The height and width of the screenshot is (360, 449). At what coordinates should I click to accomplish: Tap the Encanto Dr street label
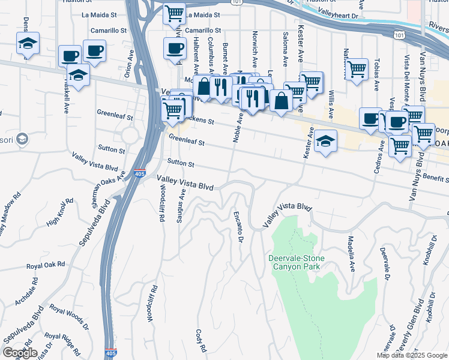pos(238,227)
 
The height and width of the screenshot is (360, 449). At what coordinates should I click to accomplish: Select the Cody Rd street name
pos(201,340)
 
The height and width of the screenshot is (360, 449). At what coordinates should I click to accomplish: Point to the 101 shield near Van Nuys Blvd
pos(399,36)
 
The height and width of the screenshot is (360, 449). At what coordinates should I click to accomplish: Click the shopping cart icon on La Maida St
pos(174,13)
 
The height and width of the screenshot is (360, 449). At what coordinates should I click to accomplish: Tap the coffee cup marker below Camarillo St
pos(175,49)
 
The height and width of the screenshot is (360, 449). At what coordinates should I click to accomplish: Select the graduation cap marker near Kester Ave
pos(325,141)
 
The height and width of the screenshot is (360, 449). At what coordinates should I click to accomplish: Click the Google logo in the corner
pos(20,352)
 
